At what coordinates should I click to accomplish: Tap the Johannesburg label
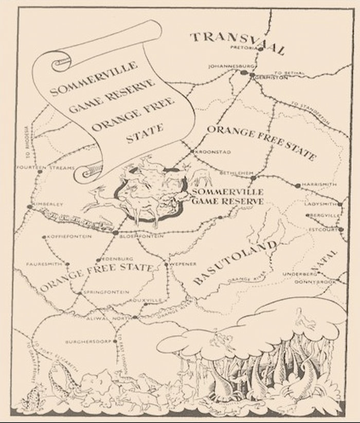tap(225, 66)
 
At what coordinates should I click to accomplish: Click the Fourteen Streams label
tap(39, 168)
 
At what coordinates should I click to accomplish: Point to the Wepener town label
tap(181, 264)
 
